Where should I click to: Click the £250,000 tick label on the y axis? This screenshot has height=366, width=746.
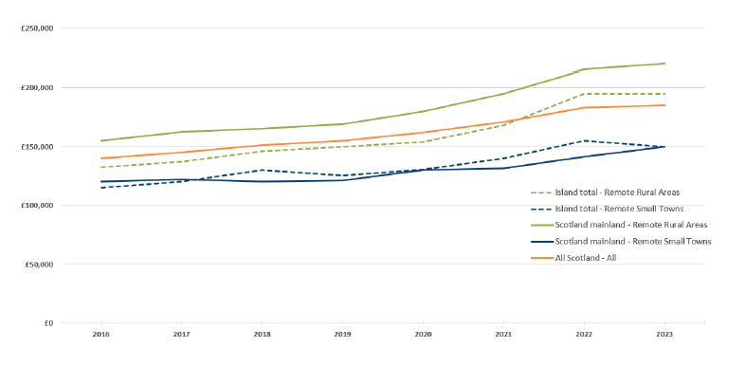click(37, 28)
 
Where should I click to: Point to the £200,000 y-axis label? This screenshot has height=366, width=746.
click(37, 87)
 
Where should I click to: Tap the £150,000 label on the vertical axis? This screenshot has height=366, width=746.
click(37, 147)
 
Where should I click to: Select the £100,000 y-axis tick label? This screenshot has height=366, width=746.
click(37, 206)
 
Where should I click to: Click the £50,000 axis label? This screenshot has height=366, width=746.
click(39, 265)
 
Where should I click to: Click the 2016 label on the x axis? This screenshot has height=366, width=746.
click(100, 334)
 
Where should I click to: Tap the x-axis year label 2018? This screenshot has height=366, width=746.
click(262, 334)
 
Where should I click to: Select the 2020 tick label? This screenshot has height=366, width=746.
click(423, 334)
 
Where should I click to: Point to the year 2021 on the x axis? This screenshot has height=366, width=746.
click(503, 334)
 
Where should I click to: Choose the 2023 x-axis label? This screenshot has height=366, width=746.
click(664, 334)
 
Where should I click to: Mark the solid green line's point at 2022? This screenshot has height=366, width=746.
click(584, 69)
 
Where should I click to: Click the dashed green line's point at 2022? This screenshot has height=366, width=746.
click(584, 94)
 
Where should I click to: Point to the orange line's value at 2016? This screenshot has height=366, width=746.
click(100, 158)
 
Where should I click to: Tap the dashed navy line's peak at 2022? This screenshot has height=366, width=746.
click(584, 141)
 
